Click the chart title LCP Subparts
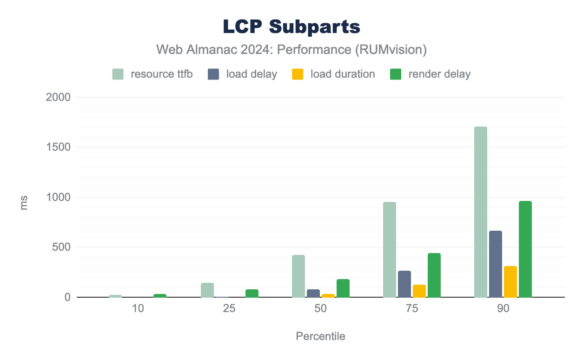tap(291, 27)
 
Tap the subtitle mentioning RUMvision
tap(291, 49)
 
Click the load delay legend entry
tap(243, 74)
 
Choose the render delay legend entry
tap(430, 74)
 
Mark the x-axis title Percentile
tap(320, 336)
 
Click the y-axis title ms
tap(24, 203)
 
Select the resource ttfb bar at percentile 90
tap(481, 212)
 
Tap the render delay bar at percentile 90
tap(525, 249)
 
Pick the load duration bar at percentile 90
tap(510, 282)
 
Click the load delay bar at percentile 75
tap(404, 284)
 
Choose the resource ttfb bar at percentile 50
tap(298, 276)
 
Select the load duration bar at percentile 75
tap(419, 291)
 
